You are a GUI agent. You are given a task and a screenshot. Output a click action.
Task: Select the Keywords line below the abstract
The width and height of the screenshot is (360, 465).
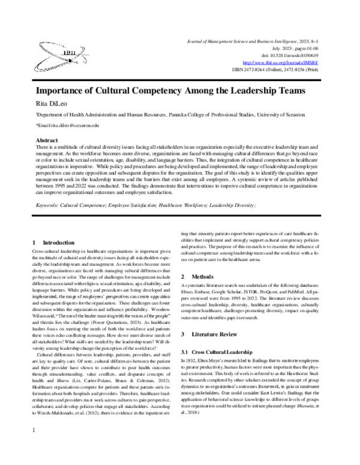point(146,205)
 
